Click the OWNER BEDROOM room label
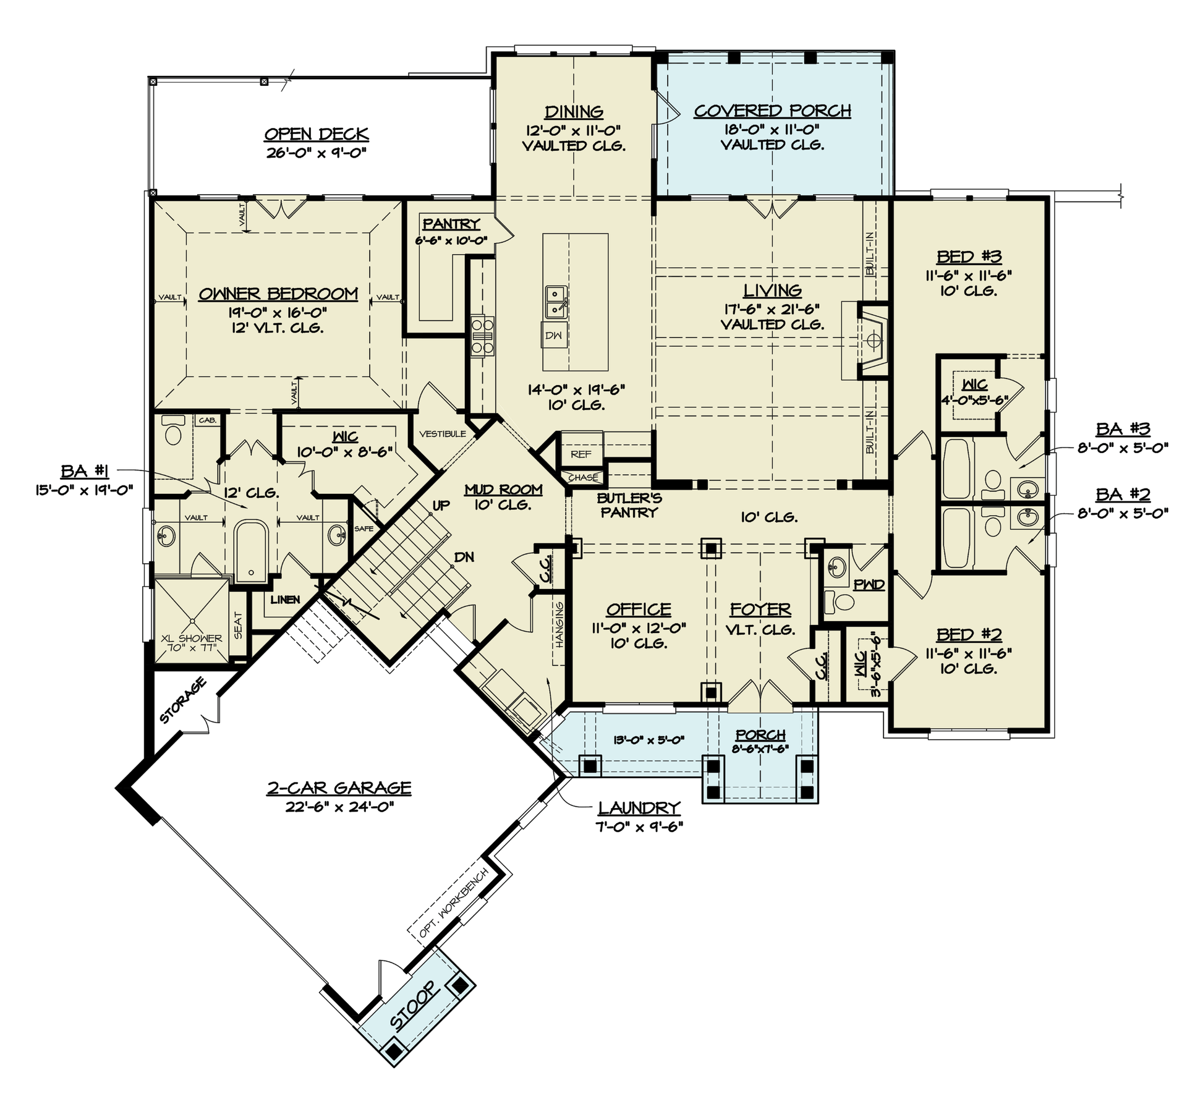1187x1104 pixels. tap(278, 294)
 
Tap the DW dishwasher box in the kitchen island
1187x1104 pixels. tap(554, 335)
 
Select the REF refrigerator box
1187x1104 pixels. tap(581, 454)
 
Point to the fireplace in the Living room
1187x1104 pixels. tap(874, 340)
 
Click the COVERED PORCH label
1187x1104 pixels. tap(772, 111)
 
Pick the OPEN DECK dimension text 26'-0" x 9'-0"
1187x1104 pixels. tap(317, 153)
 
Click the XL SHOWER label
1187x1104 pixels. tap(191, 639)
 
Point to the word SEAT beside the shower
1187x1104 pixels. tap(239, 626)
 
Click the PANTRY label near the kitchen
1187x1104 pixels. tap(451, 224)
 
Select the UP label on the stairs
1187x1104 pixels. tap(441, 506)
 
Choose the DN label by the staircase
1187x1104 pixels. tap(464, 557)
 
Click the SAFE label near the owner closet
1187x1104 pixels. tap(364, 529)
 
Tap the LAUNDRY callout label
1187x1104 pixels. tap(639, 807)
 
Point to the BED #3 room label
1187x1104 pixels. tap(968, 257)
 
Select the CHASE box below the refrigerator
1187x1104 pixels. tap(583, 478)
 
